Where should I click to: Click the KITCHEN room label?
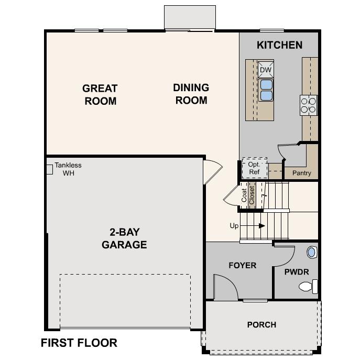tap(279, 45)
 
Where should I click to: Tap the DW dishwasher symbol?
tap(266, 70)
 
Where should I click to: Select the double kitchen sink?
tap(266, 90)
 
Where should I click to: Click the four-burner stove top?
tap(309, 105)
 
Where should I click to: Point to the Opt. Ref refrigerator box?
tap(254, 168)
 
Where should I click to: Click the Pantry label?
tap(301, 173)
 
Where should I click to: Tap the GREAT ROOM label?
tap(100, 94)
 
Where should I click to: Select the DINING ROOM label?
tap(191, 94)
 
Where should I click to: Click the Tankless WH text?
tap(68, 169)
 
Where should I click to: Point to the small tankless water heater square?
tap(49, 169)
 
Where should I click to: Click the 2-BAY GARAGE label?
tap(124, 238)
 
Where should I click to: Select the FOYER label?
tap(242, 265)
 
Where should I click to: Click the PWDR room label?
tap(296, 272)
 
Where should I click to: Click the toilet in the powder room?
tap(308, 287)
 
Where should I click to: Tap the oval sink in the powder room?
tap(312, 252)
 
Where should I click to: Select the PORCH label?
tap(261, 325)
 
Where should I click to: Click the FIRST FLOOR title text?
tap(79, 343)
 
